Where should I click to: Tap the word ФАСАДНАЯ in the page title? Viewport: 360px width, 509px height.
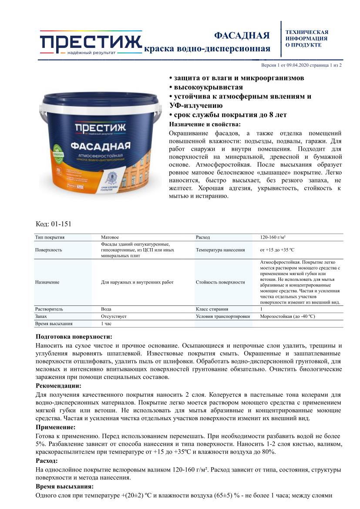pos(242,36)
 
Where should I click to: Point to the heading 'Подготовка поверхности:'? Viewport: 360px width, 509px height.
pos(74,337)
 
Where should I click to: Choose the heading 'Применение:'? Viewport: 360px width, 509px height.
pos(55,427)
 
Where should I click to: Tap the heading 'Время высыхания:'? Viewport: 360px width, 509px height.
pos(64,486)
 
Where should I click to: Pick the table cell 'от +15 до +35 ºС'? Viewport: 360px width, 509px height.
pos(277,250)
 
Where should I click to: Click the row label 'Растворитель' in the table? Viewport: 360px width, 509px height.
pos(49,309)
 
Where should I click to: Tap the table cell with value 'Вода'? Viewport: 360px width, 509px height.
pos(106,309)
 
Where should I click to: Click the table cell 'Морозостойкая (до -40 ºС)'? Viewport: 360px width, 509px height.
pos(287,316)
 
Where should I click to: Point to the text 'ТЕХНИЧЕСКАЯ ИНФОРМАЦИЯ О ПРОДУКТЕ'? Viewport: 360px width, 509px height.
pos(306,38)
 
